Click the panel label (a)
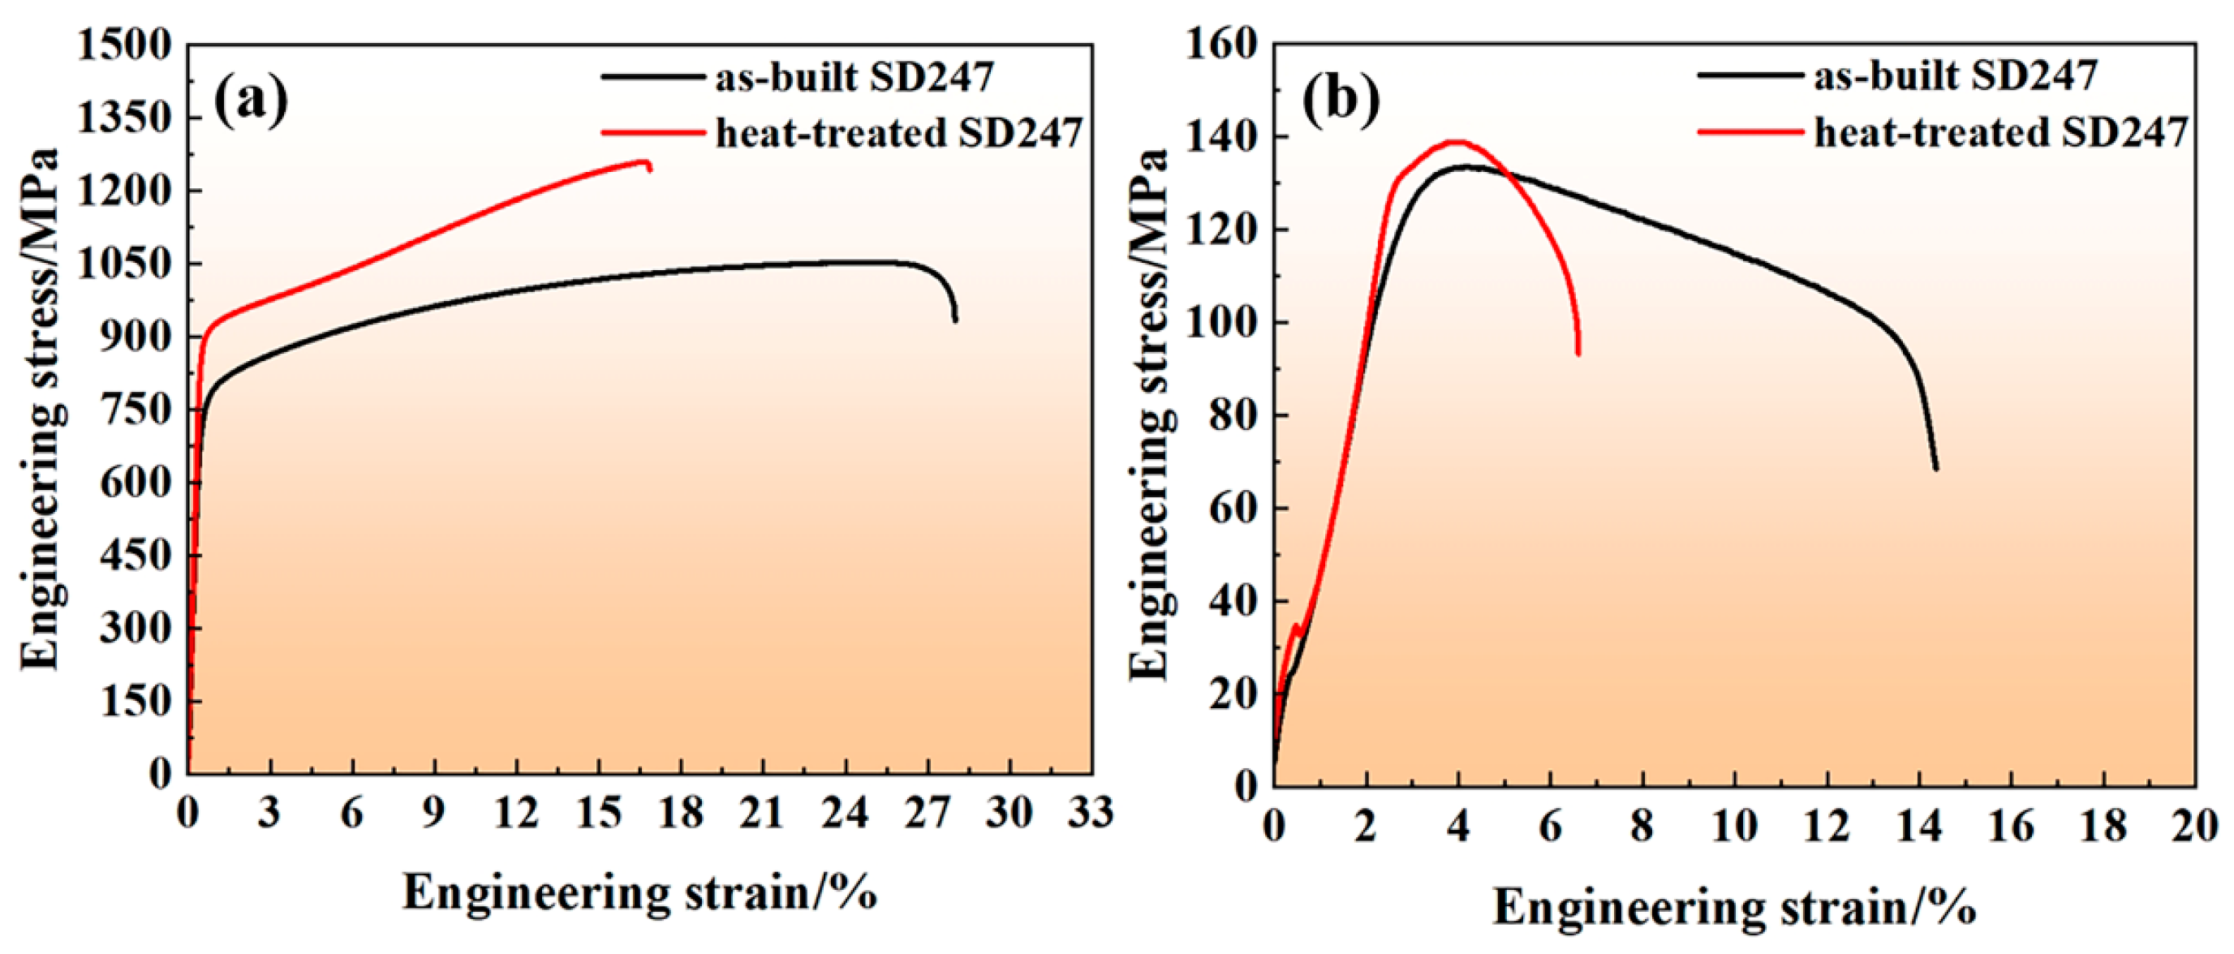tap(251, 101)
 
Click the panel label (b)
tap(1341, 101)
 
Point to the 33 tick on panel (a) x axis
tap(1091, 813)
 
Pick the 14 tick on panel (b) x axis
tap(1919, 827)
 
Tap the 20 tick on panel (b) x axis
tap(2194, 827)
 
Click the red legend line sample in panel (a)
tap(653, 133)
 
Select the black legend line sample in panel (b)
tap(1750, 75)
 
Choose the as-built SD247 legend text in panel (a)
tap(854, 77)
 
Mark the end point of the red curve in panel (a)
tap(649, 169)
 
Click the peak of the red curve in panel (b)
tap(1456, 142)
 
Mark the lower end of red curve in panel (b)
tap(1578, 353)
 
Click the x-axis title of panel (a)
tap(639, 892)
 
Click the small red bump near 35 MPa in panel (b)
tap(1296, 625)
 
